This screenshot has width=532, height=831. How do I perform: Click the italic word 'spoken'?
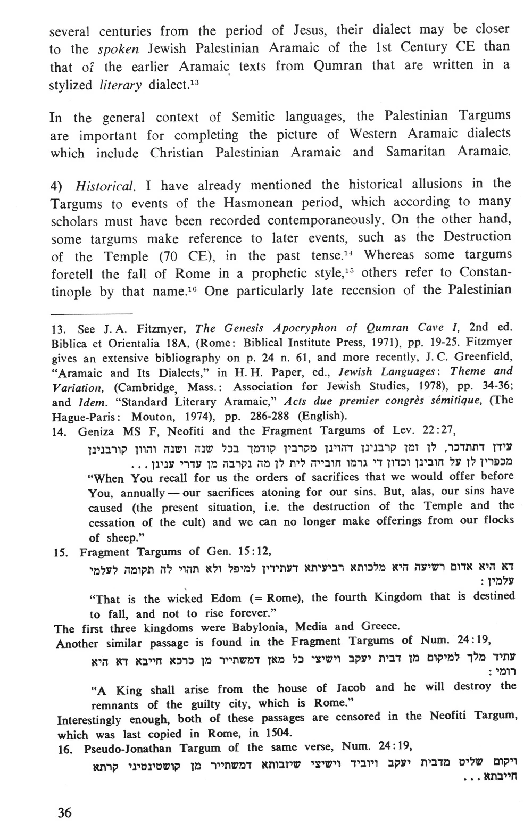(x=119, y=49)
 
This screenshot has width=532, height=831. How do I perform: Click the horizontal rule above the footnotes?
(x=91, y=313)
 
